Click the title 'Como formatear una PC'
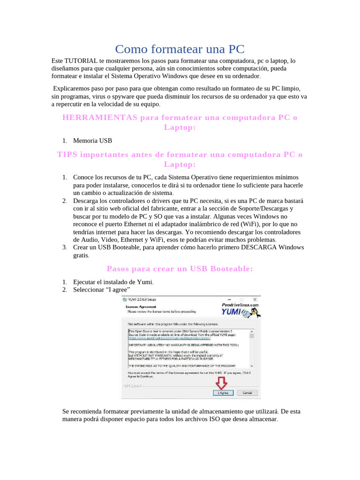pos(180,49)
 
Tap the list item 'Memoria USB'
pos(92,141)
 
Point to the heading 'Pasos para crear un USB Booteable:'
pos(180,269)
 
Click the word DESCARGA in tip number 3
pos(264,247)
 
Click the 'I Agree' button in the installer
pos(223,392)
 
